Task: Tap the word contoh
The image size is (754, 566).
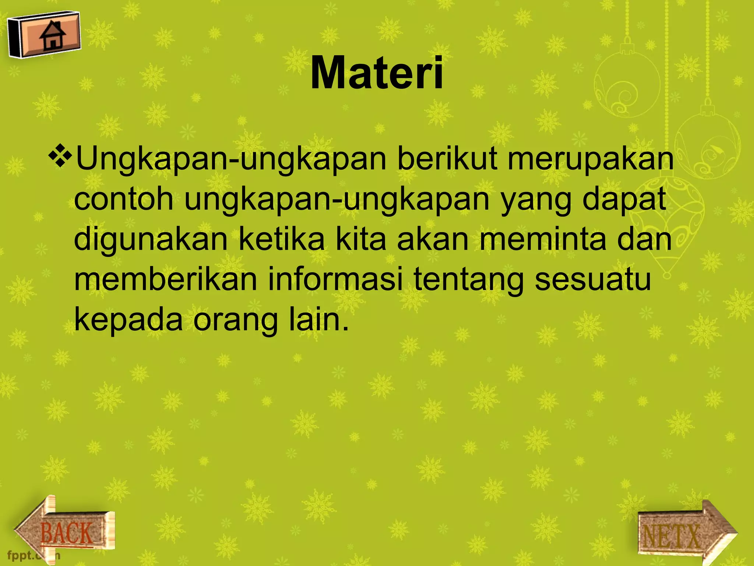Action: tap(124, 199)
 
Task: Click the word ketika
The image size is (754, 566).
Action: tap(282, 240)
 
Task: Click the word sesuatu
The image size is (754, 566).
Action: tap(593, 280)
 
